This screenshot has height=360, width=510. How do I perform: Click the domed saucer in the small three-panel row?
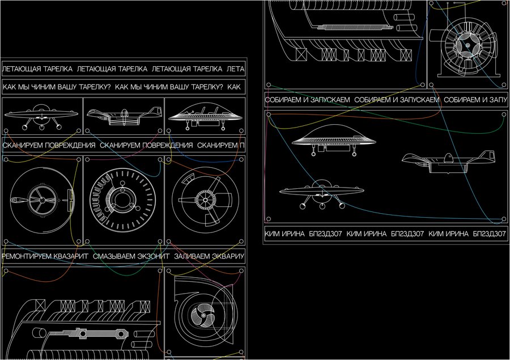205,116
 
